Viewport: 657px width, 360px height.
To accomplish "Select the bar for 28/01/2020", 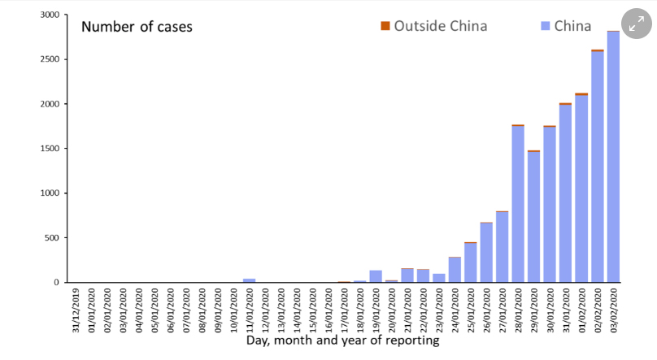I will (517, 204).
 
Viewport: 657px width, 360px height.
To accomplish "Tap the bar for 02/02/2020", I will (597, 167).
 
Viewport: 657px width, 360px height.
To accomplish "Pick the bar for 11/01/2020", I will (249, 280).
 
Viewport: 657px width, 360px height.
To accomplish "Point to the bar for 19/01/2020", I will (376, 276).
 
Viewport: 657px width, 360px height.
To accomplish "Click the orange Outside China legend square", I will (385, 26).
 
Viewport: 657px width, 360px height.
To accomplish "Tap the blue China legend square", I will (546, 26).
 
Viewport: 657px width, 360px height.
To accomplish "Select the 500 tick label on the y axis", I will (52, 238).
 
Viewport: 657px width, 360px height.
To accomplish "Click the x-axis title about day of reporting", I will (342, 340).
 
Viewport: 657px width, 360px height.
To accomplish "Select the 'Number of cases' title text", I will (137, 27).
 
